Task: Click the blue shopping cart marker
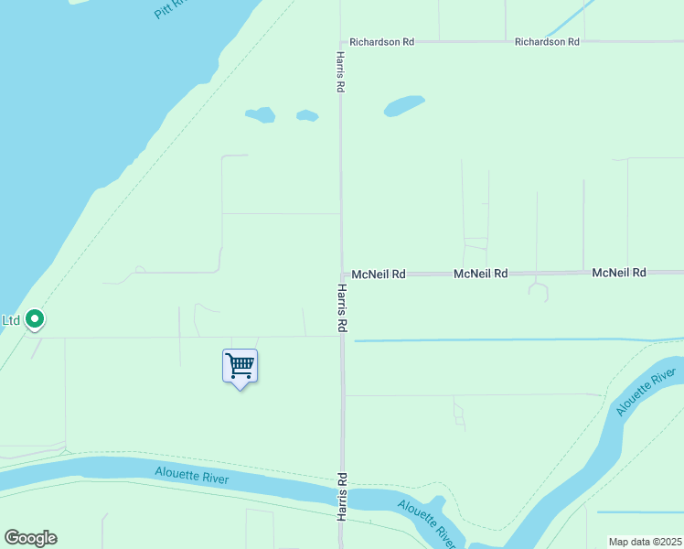[x=240, y=367]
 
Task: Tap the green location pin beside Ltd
[x=35, y=319]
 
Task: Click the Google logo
[x=30, y=538]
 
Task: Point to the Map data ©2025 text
[x=645, y=542]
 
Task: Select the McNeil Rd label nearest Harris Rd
[x=379, y=274]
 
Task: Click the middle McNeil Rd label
[x=480, y=274]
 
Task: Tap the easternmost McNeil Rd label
[x=619, y=273]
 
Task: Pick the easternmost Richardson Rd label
[x=547, y=42]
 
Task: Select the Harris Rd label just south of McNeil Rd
[x=341, y=307]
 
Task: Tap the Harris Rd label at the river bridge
[x=342, y=497]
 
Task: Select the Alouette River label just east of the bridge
[x=426, y=520]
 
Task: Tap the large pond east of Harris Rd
[x=404, y=105]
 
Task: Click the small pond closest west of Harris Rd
[x=307, y=116]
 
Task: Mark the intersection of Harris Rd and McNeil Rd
[x=342, y=273]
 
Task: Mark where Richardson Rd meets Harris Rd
[x=341, y=42]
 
